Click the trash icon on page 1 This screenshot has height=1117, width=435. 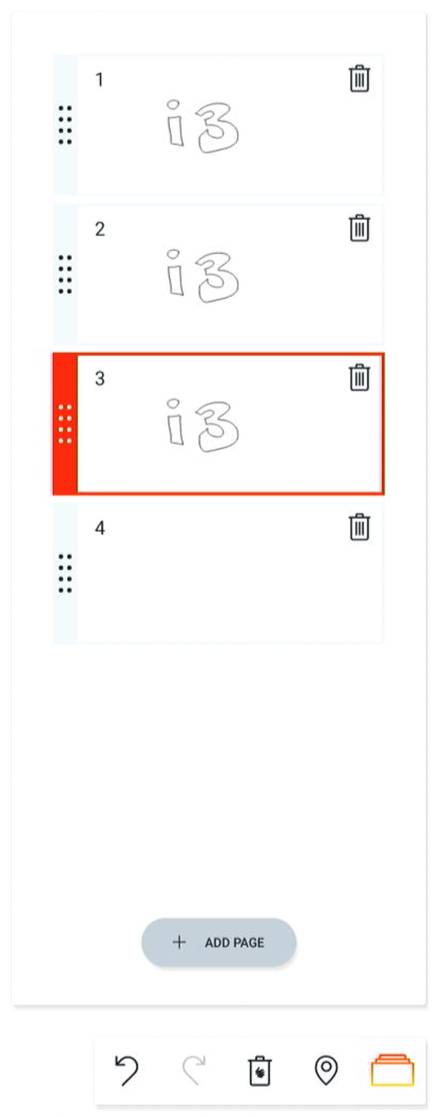(x=359, y=79)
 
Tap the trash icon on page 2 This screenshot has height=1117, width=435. (x=359, y=228)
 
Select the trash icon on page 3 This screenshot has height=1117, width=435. (x=359, y=377)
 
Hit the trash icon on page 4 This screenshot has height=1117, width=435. (x=359, y=527)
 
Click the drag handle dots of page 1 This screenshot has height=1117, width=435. (x=65, y=125)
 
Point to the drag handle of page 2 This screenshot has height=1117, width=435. (x=65, y=274)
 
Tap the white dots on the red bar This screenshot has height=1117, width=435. (x=65, y=424)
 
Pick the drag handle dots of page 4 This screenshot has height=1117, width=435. (x=65, y=573)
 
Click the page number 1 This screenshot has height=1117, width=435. (x=99, y=80)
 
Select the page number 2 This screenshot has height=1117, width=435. (x=100, y=229)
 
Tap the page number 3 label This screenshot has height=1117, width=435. (x=100, y=378)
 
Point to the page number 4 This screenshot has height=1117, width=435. (x=100, y=528)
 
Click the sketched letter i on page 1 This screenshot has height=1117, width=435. (x=174, y=124)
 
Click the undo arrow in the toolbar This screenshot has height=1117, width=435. (x=127, y=1070)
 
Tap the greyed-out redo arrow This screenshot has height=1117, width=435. (x=194, y=1070)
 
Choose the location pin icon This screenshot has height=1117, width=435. (x=326, y=1070)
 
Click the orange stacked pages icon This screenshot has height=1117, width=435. (x=392, y=1070)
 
